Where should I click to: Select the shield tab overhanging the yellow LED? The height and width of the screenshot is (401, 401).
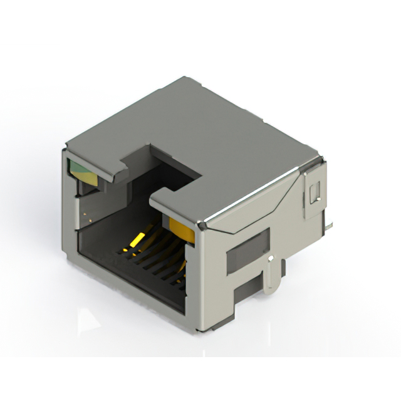tap(179, 207)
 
